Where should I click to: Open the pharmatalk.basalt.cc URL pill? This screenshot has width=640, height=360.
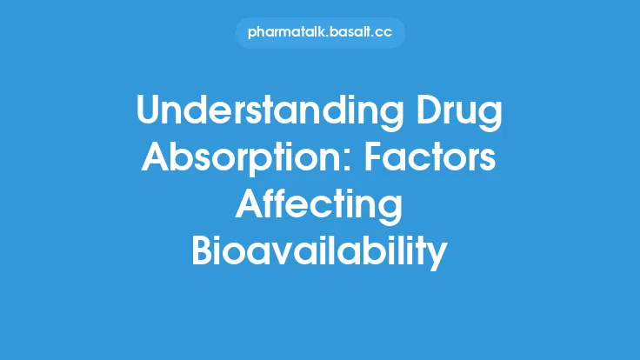pos(320,33)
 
